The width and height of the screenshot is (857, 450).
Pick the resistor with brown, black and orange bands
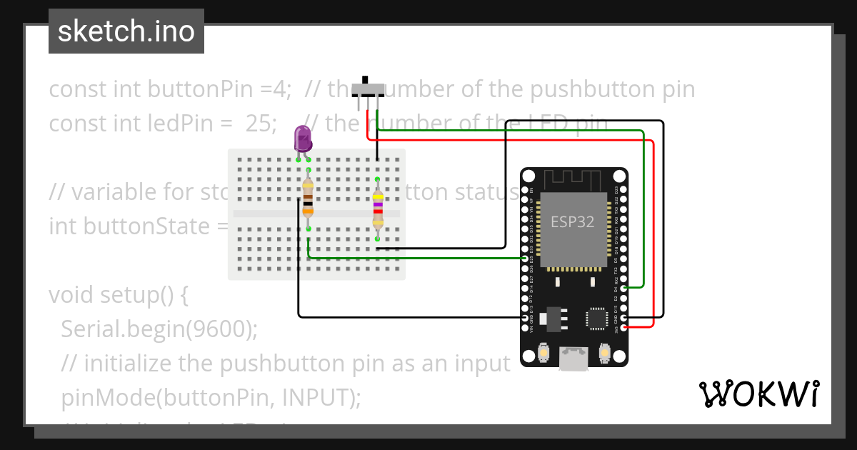point(308,196)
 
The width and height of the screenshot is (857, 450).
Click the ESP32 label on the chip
point(572,222)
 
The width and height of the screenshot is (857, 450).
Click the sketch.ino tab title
point(126,31)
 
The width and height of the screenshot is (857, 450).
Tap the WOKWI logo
point(758,394)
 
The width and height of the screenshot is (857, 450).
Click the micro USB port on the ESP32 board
point(573,359)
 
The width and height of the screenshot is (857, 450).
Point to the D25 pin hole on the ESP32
point(525,259)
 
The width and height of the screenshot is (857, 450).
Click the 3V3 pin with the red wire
point(625,327)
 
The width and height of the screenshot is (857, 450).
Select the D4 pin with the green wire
point(625,288)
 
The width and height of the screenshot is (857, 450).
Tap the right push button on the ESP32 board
point(604,353)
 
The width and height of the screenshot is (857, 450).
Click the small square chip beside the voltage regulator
point(596,317)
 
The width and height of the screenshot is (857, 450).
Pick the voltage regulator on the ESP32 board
point(551,318)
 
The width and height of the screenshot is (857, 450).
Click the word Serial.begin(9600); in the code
point(159,329)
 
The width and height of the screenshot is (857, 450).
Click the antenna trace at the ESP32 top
point(573,176)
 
